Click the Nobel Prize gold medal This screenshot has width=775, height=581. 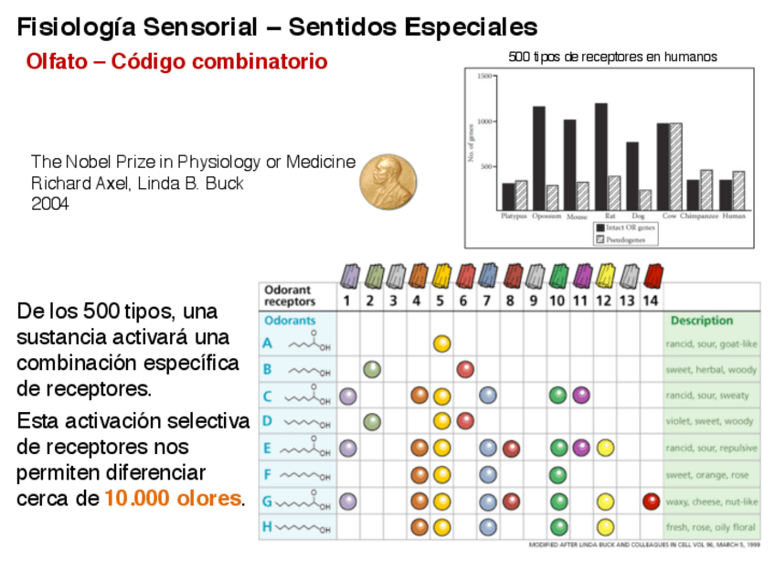coord(387,181)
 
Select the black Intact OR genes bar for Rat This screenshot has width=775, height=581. coord(600,156)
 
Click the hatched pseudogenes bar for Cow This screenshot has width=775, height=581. coord(676,166)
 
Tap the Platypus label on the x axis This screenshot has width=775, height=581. coord(515,217)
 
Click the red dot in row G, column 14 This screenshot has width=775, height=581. coord(651,501)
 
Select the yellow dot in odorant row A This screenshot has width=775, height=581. coord(441,343)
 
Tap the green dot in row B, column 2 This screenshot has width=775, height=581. coord(371,369)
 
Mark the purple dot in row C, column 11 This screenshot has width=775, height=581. coord(581,396)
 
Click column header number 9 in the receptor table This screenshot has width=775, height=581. coord(533,300)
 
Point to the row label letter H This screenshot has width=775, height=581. coord(267,527)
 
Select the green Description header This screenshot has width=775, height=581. coord(701,321)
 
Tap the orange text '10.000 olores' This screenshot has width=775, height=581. coord(174,499)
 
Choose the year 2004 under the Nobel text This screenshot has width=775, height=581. coord(50,203)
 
